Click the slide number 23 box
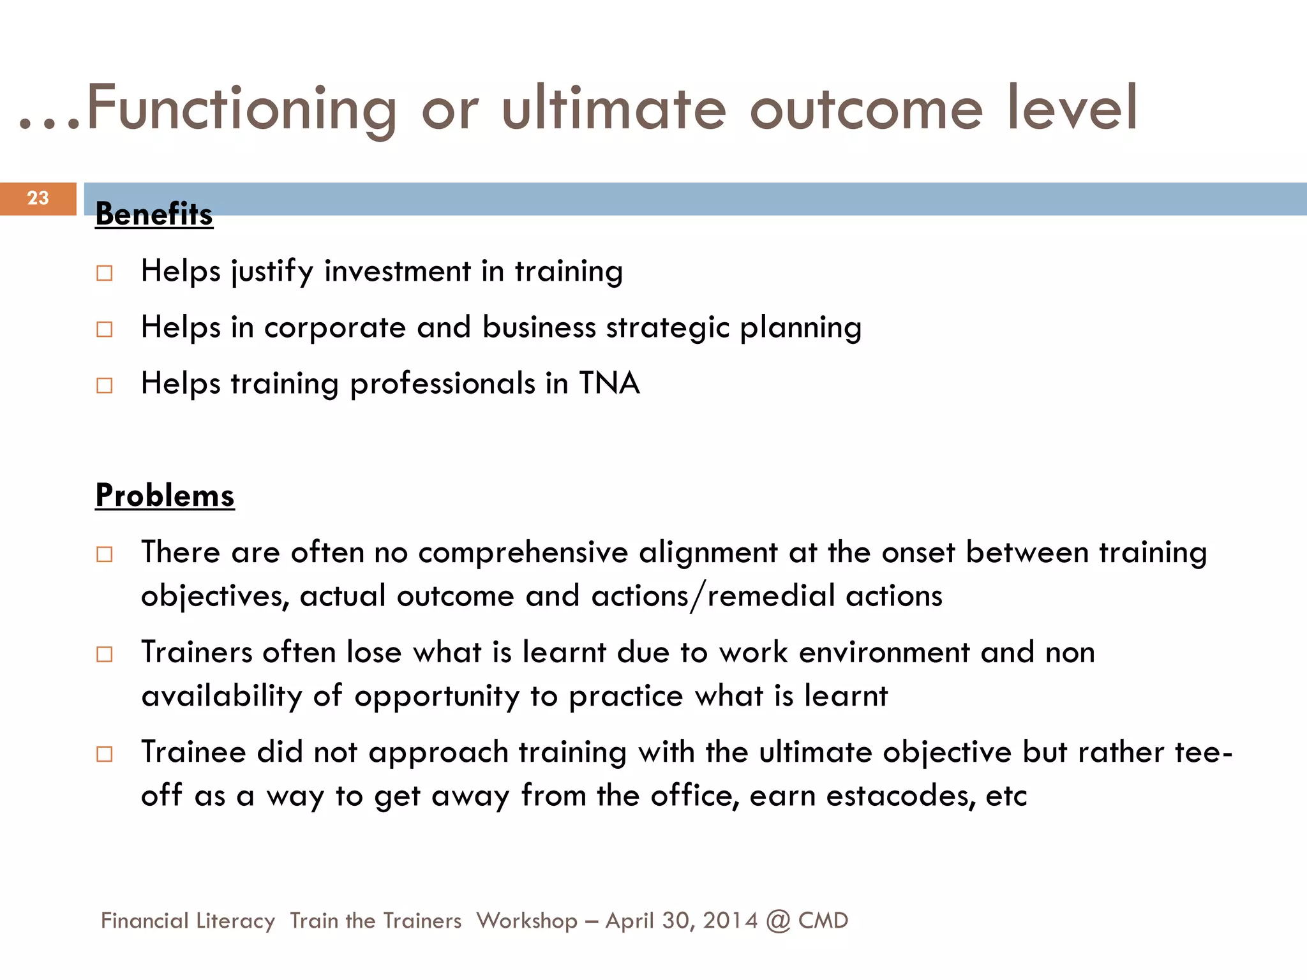(38, 198)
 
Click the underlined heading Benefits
(154, 214)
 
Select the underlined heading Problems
(165, 496)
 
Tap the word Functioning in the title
(241, 108)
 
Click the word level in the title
(1072, 108)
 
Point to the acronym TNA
(609, 383)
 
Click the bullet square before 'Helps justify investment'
(105, 273)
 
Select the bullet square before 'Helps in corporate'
(105, 329)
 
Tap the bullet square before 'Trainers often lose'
(105, 654)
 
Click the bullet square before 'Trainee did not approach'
(105, 754)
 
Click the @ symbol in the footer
(778, 921)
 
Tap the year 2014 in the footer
(730, 921)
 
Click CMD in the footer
(823, 921)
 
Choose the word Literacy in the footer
(235, 921)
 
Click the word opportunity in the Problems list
(437, 697)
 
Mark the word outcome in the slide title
(866, 108)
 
